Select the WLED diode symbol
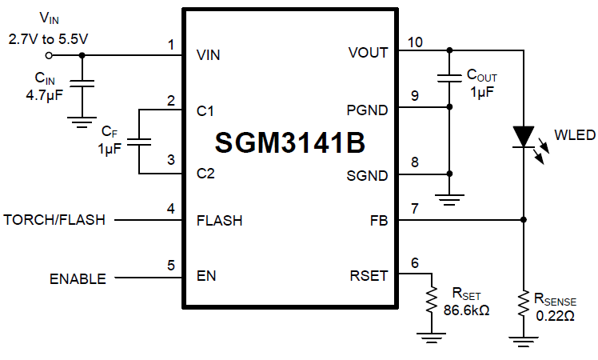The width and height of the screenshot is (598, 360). (523, 136)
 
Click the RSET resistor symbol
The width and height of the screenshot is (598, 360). (433, 299)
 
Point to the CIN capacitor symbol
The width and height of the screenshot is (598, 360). (81, 82)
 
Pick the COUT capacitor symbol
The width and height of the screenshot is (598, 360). (449, 78)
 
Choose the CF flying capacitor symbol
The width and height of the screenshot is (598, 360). (138, 141)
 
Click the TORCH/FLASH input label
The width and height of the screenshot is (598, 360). (54, 219)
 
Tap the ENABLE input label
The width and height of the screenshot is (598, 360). (78, 278)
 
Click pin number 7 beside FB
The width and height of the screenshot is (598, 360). (414, 209)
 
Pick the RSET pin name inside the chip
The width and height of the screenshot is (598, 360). (369, 276)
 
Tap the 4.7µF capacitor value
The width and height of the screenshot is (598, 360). (44, 94)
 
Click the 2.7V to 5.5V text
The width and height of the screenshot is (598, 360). (47, 37)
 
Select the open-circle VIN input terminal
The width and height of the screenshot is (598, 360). (49, 55)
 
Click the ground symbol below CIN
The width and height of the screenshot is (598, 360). (81, 121)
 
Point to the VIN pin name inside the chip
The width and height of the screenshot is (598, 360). (208, 55)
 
